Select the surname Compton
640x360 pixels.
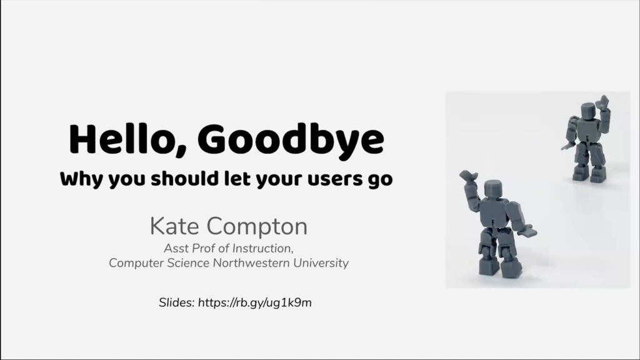coord(257,227)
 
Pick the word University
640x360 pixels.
coord(321,263)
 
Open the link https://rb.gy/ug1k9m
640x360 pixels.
coord(255,303)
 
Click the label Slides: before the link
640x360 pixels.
coord(177,302)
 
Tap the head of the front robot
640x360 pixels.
coord(494,190)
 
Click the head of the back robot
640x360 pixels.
coord(589,111)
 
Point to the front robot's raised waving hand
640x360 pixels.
coord(468,176)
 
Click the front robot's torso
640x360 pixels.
coord(494,212)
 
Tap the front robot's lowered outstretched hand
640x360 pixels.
coord(529,231)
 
